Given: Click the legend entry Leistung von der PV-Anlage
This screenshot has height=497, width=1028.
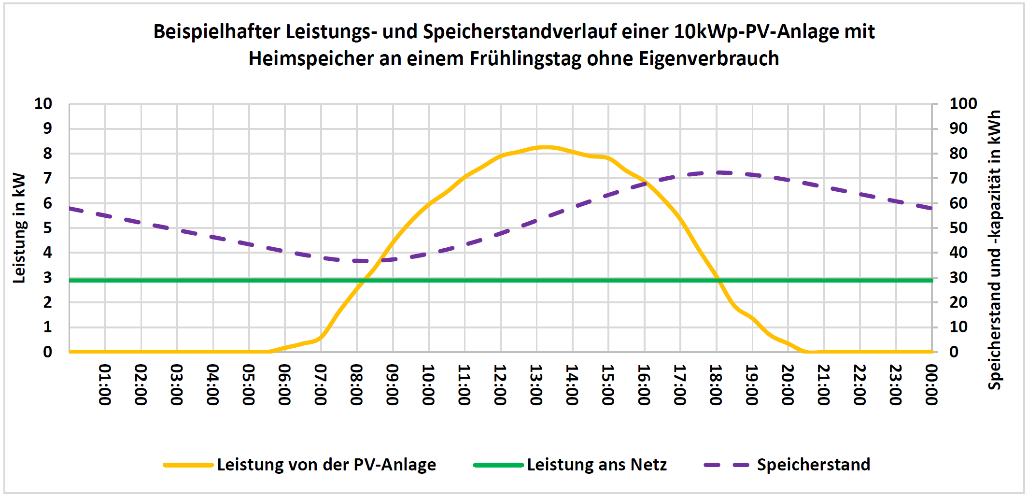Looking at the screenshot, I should pos(326,465).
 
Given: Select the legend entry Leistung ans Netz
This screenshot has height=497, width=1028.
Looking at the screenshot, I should pos(596,465).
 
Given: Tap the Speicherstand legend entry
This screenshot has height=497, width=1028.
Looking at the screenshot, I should pos(813,465).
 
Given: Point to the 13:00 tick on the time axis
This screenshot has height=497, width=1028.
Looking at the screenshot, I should pos(536,385).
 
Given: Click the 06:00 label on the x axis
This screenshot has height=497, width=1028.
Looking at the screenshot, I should pos(284,385).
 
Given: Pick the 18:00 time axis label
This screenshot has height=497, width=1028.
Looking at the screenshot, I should pos(716,385).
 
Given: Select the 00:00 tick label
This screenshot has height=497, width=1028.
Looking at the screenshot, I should pos(931,385).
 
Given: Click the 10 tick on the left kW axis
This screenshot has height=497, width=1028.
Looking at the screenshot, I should pos(43,103).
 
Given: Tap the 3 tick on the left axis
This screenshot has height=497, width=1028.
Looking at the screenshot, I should pos(47,278).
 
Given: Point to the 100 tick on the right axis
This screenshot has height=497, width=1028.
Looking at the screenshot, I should pos(963,103).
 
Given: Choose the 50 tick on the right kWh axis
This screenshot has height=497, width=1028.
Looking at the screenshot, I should pos(958,227).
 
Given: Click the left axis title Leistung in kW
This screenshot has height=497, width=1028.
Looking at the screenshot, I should pos(19,227).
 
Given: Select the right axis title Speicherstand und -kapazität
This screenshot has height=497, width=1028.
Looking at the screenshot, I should pos(995,250).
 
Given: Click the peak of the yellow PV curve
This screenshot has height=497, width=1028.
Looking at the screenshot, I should pos(546,147).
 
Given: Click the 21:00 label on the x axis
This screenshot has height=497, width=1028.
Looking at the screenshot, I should pos(824,385).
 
